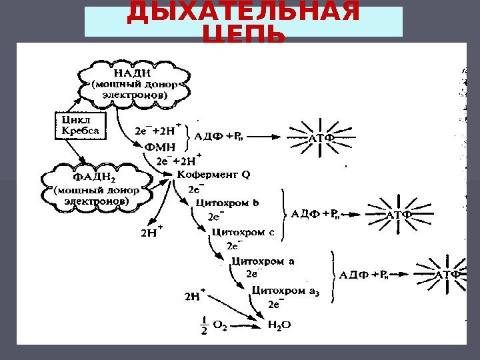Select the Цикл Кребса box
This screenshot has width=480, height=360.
tap(79, 125)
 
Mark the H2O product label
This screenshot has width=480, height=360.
tap(279, 325)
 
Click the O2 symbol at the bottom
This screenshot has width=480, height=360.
tap(220, 325)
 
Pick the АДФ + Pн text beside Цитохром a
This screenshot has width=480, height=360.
tap(366, 274)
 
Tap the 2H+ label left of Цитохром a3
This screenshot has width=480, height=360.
tap(194, 294)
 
